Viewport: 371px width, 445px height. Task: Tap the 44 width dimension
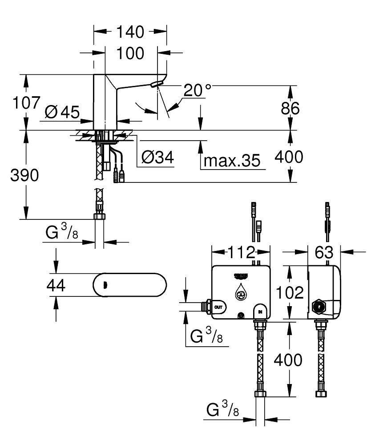pos(56,286)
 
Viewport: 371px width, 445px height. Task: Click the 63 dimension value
pos(324,252)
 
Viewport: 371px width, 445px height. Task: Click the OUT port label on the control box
pos(218,307)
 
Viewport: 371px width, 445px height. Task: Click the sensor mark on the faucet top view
pos(105,285)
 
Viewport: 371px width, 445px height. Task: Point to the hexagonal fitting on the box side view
pos(319,306)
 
